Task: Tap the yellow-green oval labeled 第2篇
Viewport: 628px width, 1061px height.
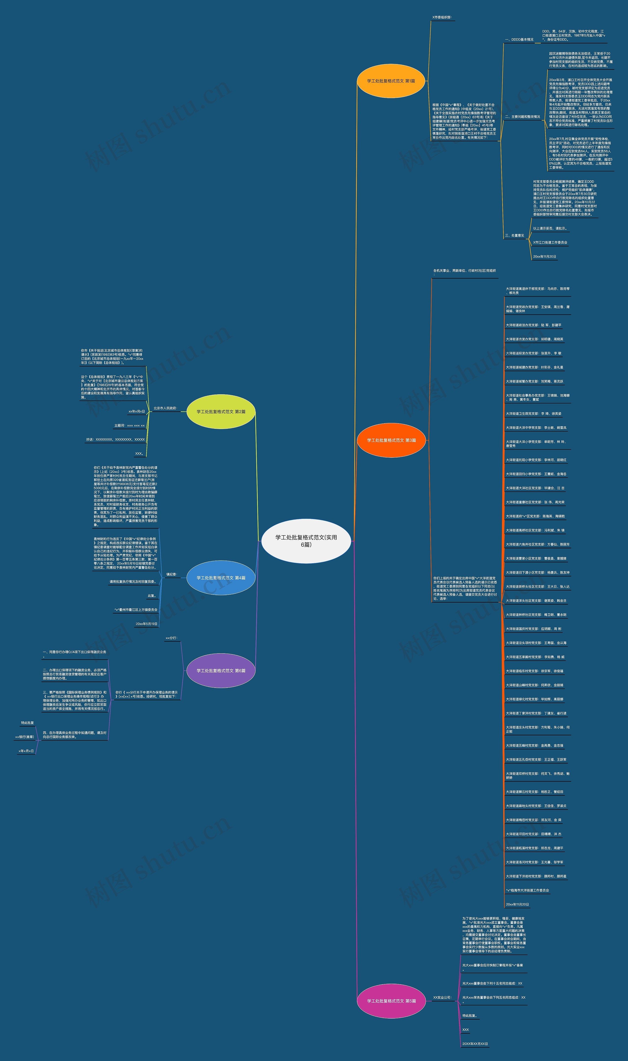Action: pos(221,411)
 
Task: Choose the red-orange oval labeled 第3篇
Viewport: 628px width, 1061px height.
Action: pos(391,440)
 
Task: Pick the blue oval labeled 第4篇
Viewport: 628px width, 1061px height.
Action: pos(221,578)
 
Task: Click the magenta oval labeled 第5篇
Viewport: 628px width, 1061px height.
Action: pos(391,1001)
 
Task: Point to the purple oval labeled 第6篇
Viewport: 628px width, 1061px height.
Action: pos(221,671)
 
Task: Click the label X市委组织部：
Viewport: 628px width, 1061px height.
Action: pos(442,17)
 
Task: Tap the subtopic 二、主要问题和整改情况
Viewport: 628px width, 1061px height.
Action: pos(522,117)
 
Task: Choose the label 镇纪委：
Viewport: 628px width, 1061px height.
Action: pos(171,574)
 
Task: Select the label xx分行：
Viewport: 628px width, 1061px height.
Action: pos(171,638)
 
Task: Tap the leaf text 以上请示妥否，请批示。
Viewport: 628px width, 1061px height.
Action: pos(550,229)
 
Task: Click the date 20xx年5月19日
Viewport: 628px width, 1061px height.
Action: pos(146,624)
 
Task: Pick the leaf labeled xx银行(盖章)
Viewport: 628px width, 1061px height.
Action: pos(25,737)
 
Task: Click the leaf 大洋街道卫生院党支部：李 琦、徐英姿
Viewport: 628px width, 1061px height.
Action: pos(533,413)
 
